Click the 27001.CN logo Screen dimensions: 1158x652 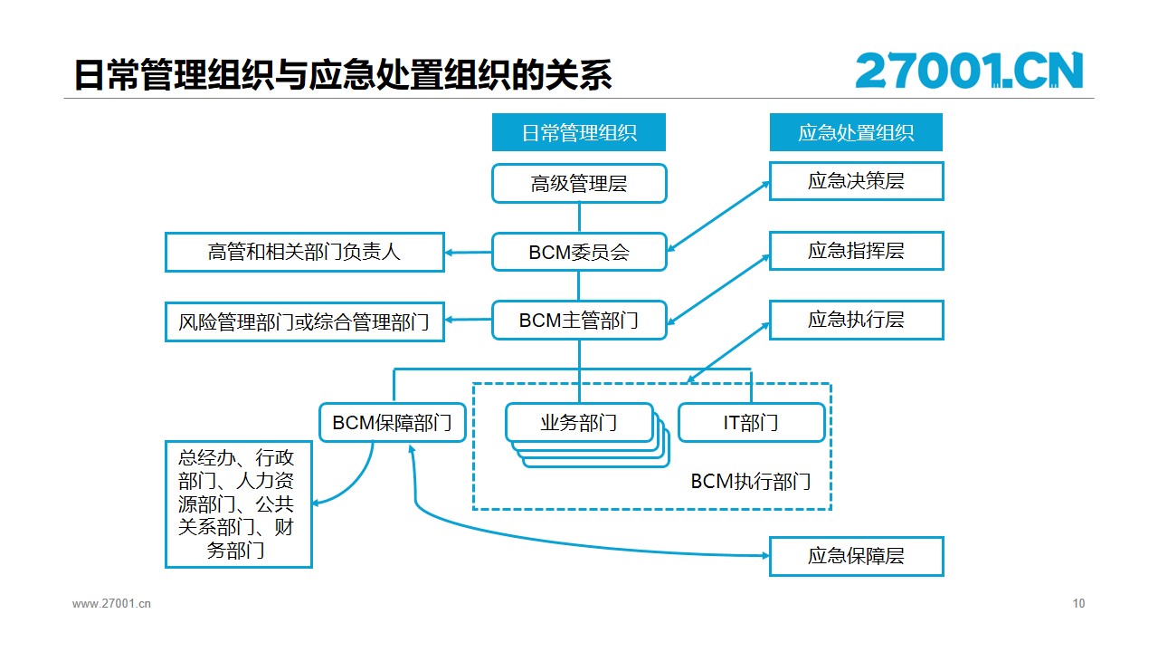coord(969,71)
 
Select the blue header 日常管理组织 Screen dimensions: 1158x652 coord(578,132)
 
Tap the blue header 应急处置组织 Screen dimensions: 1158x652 coord(856,132)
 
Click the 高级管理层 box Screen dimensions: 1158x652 coord(579,183)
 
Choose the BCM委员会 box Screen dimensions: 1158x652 coord(579,252)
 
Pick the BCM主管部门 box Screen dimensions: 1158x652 coord(579,321)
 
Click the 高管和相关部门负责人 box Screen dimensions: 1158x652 coord(305,252)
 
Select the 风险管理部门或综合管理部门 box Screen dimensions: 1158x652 coord(305,321)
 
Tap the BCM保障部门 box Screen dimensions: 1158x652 coord(393,423)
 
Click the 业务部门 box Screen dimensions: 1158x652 coord(579,423)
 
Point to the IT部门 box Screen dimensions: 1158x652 coord(751,423)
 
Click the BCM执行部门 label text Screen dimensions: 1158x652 coord(751,482)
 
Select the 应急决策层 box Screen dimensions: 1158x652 coord(857,181)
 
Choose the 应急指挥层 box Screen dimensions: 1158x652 coord(857,251)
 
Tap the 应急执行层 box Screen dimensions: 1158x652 coord(857,321)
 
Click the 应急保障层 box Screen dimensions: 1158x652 coord(857,556)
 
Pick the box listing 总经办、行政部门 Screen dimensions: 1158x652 coord(238,504)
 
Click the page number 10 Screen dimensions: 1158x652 coord(1078,603)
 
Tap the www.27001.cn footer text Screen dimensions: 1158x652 coord(111,603)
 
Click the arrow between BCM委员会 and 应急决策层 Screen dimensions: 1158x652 coord(718,216)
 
